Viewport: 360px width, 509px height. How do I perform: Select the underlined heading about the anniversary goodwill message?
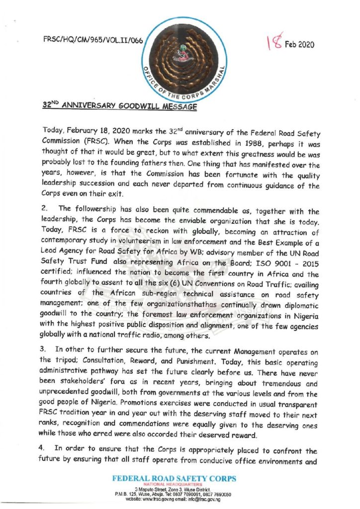click(120, 106)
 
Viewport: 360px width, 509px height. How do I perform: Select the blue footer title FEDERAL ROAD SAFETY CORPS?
click(174, 479)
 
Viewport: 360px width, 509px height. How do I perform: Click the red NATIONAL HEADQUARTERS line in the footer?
click(174, 485)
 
